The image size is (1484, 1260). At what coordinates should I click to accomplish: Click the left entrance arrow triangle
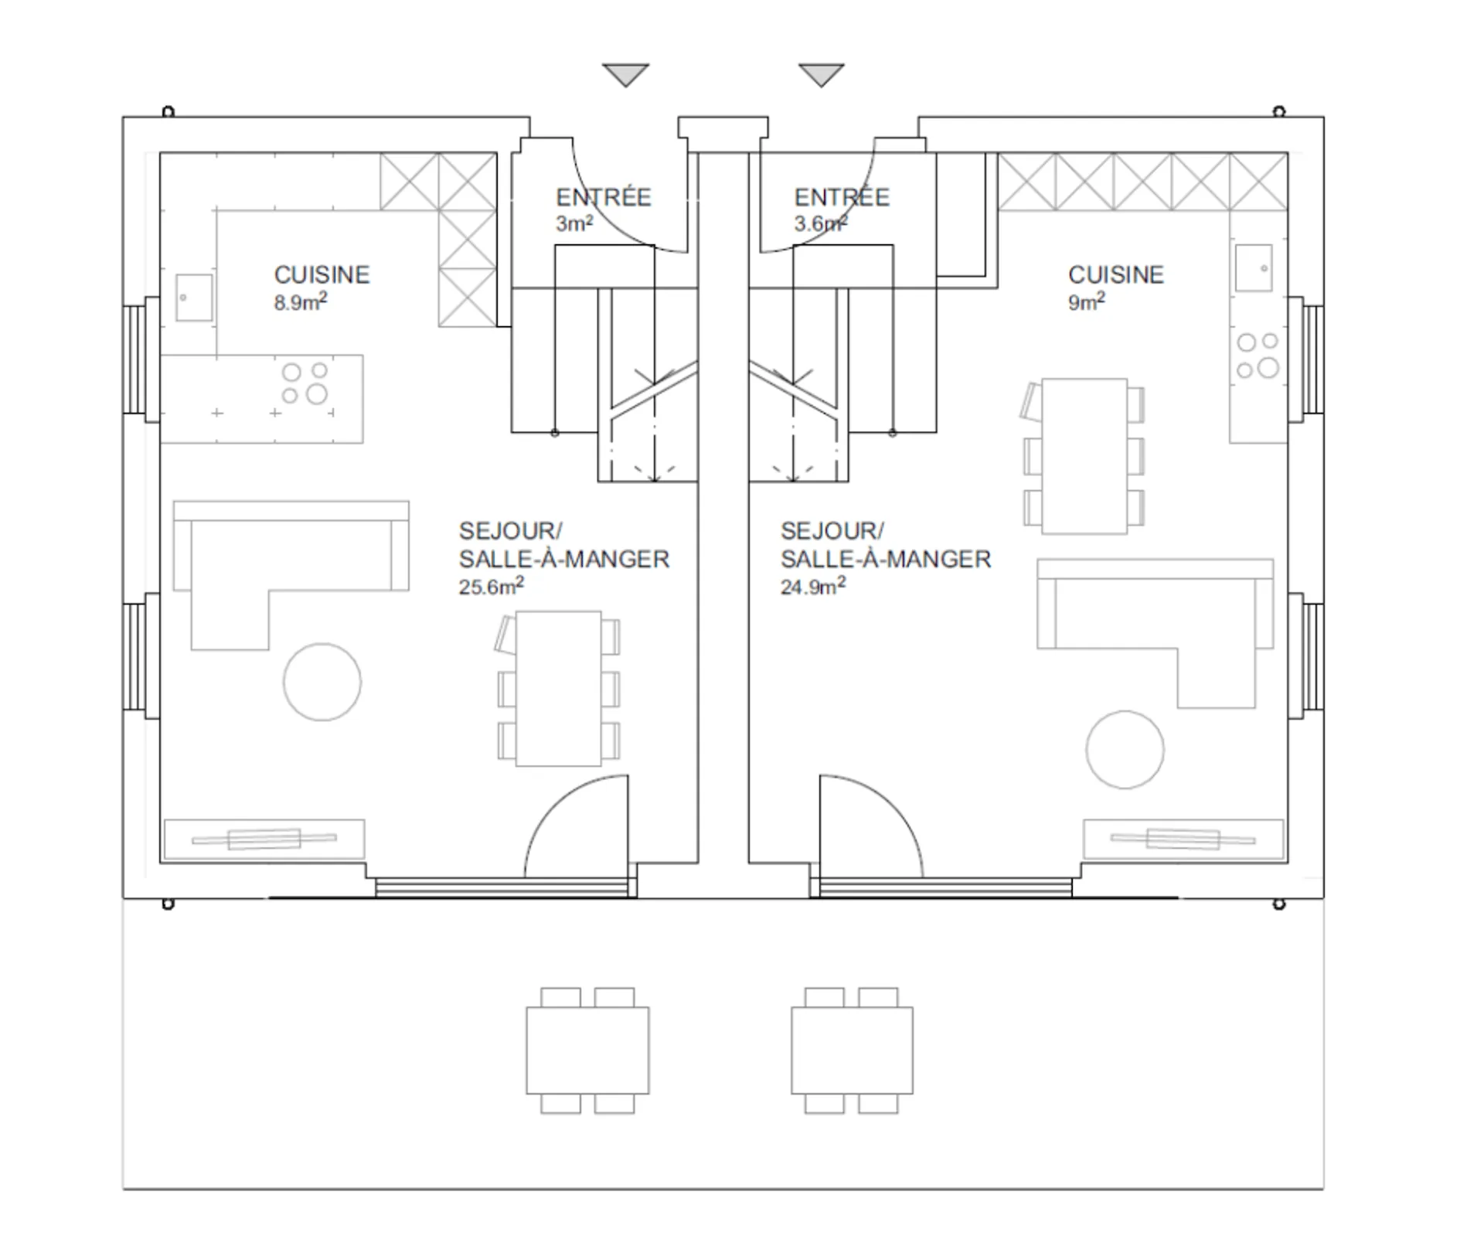point(625,73)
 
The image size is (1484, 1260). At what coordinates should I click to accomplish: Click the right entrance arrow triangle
point(821,73)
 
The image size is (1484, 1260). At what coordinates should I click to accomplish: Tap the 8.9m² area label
point(300,301)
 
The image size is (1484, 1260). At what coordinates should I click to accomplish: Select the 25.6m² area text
point(491,585)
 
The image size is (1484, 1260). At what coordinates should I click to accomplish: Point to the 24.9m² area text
point(812,585)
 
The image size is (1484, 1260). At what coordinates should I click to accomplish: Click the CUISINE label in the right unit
point(1115,274)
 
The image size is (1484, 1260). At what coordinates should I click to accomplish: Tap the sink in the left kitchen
point(194,298)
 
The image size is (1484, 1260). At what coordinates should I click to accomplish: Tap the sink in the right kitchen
point(1253,268)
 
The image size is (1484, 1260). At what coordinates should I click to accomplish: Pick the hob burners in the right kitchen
point(1258,355)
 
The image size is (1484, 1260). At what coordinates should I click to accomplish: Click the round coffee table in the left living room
point(322,682)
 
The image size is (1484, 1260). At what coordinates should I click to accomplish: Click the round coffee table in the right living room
point(1125,749)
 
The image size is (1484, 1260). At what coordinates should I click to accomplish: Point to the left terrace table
point(587,1050)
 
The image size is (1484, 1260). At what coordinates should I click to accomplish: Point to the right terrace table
point(852,1050)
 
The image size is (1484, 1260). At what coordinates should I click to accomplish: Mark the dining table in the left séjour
point(558,688)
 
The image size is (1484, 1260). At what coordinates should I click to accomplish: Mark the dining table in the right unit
point(1084,455)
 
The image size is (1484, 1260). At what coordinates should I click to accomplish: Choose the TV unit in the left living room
point(264,839)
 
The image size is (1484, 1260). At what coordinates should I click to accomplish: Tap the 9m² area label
point(1086,301)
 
